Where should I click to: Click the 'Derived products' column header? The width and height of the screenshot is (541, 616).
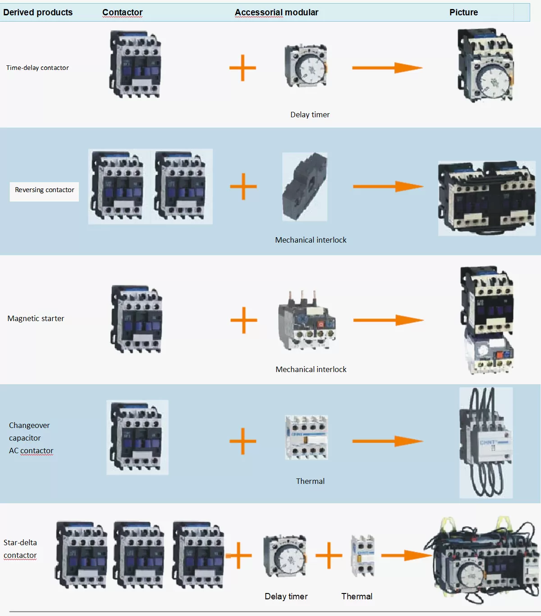tap(38, 12)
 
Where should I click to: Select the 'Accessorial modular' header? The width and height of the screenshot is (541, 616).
tap(276, 12)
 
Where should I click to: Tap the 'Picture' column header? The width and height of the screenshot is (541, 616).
tap(463, 12)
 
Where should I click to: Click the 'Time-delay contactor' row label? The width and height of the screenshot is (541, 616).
tap(37, 68)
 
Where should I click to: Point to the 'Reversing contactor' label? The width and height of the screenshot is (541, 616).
tap(44, 190)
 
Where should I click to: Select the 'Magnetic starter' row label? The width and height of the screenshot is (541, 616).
tap(36, 318)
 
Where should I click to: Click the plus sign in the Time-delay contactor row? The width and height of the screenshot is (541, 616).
tap(243, 68)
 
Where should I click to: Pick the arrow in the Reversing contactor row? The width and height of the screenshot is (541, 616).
tap(388, 186)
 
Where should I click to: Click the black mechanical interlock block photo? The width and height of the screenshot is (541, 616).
tap(305, 187)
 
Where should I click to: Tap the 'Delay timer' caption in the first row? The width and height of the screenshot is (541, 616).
tap(310, 115)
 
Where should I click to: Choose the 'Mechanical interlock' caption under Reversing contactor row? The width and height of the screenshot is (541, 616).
tap(311, 240)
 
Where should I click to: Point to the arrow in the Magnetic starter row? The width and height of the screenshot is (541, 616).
tap(388, 320)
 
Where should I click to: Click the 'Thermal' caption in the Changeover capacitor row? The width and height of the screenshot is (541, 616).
tap(310, 481)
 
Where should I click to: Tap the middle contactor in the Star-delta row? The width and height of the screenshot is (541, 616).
tap(138, 555)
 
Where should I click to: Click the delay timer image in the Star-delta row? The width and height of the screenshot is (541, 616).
tap(285, 556)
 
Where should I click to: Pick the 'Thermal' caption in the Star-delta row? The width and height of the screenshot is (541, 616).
tap(357, 596)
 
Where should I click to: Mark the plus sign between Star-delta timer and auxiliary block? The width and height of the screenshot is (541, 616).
tap(329, 555)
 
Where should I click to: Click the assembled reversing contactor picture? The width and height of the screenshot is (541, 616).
tap(486, 198)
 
